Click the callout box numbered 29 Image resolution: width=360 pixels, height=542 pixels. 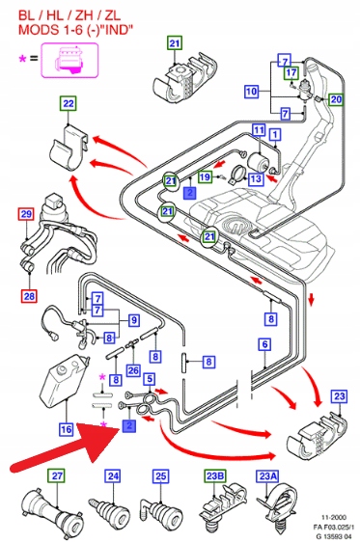tap(26, 214)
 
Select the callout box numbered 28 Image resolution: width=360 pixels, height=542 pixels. tap(29, 296)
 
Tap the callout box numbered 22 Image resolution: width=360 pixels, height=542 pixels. tap(69, 104)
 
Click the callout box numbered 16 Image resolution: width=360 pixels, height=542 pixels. tap(66, 429)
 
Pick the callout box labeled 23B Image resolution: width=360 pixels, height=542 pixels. tap(215, 476)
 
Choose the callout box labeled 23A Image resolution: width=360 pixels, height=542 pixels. tap(266, 476)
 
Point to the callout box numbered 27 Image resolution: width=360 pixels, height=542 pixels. tap(57, 476)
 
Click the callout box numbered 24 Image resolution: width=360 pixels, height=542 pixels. tap(114, 476)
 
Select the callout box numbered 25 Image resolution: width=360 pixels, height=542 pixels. tap(161, 476)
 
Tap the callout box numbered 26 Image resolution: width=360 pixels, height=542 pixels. tap(133, 371)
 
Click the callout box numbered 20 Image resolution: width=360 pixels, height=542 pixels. tap(336, 99)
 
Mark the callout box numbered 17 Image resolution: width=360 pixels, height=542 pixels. tap(291, 73)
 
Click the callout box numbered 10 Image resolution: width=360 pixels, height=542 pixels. tap(251, 92)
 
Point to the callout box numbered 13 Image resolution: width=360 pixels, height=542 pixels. tap(256, 178)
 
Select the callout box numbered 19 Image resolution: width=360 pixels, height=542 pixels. tap(205, 177)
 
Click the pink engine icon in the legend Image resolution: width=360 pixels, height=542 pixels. tap(69, 60)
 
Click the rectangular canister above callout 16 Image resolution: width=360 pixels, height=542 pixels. tap(66, 379)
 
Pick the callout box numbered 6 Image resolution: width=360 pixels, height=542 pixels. tap(264, 344)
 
